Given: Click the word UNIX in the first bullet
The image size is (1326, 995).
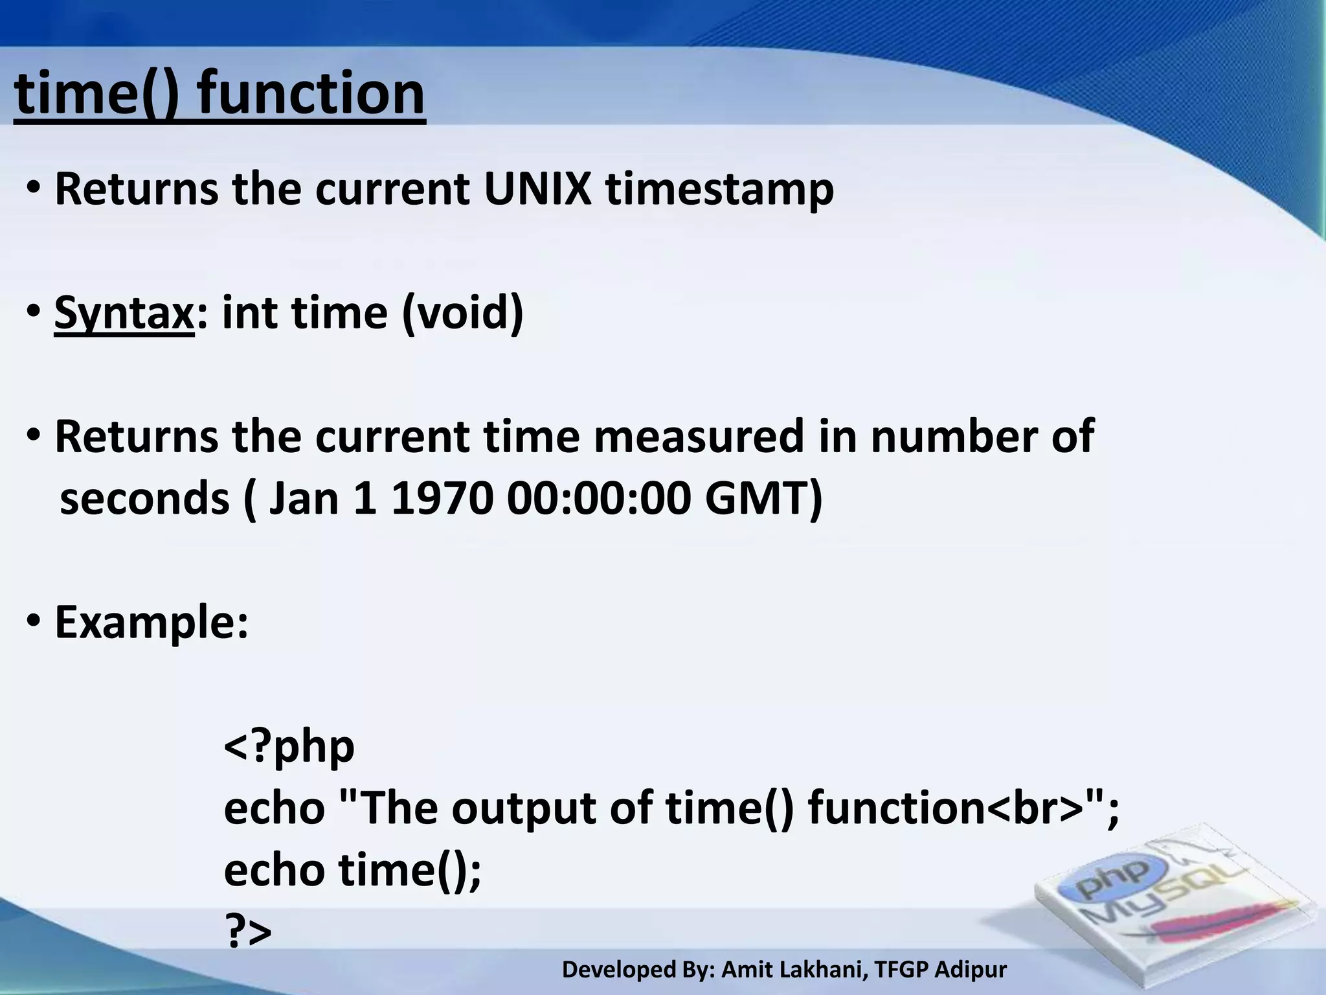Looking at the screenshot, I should (537, 189).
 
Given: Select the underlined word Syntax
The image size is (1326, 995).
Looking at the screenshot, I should (124, 314).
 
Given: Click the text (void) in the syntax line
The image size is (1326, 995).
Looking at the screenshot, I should (462, 314).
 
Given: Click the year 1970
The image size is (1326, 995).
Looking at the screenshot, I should (440, 499).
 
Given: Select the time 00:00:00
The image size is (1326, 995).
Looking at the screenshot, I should (599, 499).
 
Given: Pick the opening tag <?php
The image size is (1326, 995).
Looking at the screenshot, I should (289, 747).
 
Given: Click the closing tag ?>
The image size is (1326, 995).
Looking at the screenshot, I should (247, 932).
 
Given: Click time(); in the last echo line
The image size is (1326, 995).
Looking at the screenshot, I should (410, 870).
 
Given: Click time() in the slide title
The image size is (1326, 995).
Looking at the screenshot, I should (95, 94).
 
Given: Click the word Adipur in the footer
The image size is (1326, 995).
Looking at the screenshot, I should (971, 970).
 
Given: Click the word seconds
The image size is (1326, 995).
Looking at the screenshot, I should (144, 499).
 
